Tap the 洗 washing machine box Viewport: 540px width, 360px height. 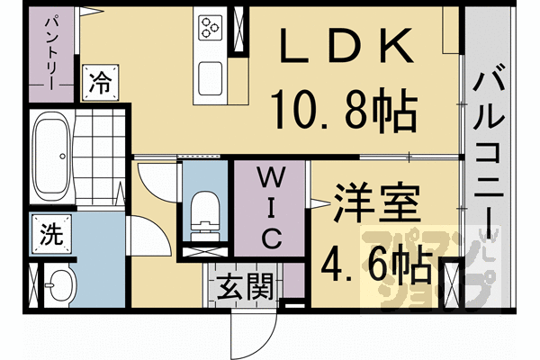pyautogui.click(x=50, y=235)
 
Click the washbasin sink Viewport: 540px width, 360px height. pyautogui.click(x=61, y=288)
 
